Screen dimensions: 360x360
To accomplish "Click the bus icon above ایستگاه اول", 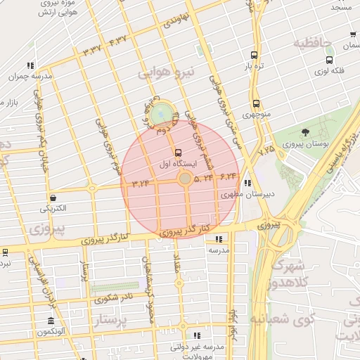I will (x=176, y=152).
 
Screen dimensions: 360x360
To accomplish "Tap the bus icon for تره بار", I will (x=254, y=56).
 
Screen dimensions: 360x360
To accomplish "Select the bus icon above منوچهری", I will (x=255, y=103).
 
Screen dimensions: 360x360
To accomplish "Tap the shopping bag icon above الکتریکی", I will (x=53, y=198).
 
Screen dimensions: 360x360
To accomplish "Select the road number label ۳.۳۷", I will (x=92, y=51).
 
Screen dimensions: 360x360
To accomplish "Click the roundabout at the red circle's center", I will (x=184, y=179).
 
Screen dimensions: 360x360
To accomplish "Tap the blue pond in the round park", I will (x=162, y=111).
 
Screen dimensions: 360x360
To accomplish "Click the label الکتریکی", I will (x=53, y=209).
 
